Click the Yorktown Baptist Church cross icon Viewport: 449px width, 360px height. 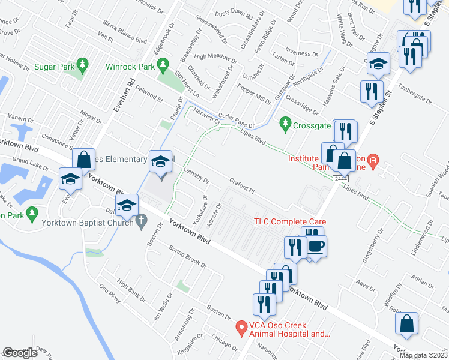point(141,220)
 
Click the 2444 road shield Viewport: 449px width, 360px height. point(340,179)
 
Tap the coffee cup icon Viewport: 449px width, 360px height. point(316,245)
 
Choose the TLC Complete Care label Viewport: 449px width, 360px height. point(284,221)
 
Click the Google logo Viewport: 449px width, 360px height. point(20,353)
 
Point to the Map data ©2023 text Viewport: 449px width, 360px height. point(423,355)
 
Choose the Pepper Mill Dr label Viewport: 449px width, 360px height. point(254,94)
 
